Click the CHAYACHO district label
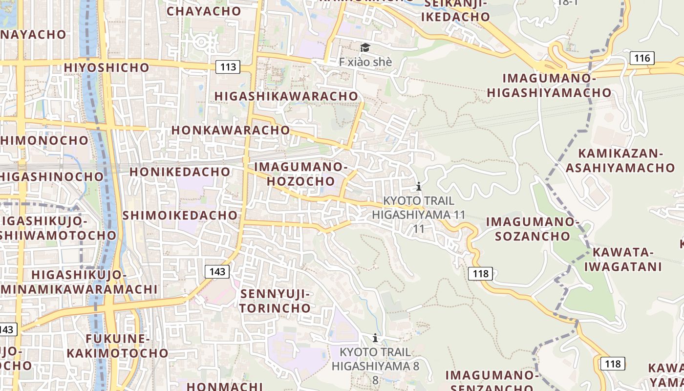pos(204,11)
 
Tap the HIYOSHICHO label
pos(107,67)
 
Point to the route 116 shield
pos(641,58)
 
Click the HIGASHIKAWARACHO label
pos(286,96)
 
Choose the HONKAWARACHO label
pos(231,130)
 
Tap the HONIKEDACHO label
pos(180,172)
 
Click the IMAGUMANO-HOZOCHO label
pos(301,174)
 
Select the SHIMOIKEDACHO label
pos(180,215)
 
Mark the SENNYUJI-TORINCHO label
pos(276,301)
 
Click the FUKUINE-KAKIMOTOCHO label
pos(117,346)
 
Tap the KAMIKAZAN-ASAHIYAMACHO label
pos(620,160)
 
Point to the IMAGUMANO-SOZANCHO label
pos(533,229)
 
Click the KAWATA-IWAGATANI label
pos(623,260)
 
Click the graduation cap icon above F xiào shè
pos(365,47)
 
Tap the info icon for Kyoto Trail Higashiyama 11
pos(418,186)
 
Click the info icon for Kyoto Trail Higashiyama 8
pos(375,338)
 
